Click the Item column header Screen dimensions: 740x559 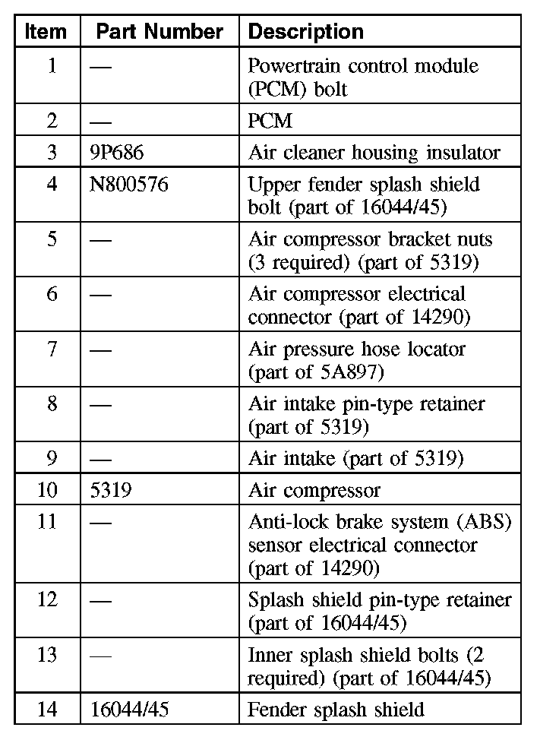[46, 32]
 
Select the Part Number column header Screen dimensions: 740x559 [159, 32]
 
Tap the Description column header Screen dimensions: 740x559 [306, 32]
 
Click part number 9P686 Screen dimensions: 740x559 [116, 153]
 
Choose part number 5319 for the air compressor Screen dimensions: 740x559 [110, 490]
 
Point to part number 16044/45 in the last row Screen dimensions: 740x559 [128, 710]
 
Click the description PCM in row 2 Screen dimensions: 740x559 [270, 121]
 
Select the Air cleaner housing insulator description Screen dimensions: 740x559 [374, 153]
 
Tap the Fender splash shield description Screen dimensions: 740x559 [336, 710]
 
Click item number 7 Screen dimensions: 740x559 [51, 349]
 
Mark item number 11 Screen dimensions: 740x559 [47, 522]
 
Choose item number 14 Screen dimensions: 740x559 [47, 710]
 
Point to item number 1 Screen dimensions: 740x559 [51, 66]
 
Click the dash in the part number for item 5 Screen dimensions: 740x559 [100, 240]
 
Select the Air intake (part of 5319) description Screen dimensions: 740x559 [355, 458]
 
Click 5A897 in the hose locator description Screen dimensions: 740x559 [355, 372]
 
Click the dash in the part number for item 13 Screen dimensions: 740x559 [100, 656]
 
